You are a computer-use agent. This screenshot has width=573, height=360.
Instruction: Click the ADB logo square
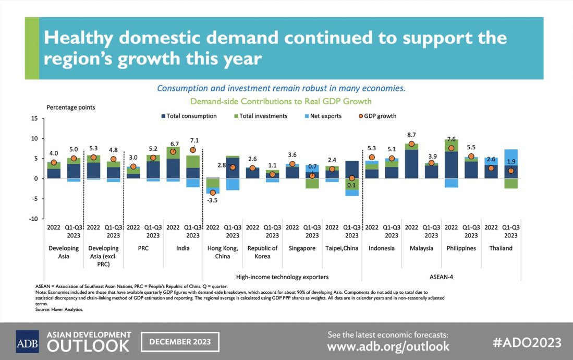pos(27,341)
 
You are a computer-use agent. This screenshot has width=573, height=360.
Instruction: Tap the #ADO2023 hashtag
pos(527,342)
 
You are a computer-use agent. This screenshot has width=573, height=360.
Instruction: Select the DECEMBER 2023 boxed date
pos(180,342)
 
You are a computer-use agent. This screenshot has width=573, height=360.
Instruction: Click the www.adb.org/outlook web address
pos(388,346)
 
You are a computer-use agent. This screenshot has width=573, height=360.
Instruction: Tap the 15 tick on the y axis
pos(34,118)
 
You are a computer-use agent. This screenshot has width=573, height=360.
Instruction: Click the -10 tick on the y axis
pos(33,219)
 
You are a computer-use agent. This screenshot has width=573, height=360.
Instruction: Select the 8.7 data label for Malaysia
pos(411,135)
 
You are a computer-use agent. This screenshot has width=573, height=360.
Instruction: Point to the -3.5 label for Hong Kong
pos(212,200)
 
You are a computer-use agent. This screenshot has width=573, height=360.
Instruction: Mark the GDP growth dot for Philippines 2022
pos(451,148)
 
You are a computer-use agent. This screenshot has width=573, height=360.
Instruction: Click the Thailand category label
pos(501,248)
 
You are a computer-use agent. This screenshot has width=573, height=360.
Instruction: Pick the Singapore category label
pos(302,248)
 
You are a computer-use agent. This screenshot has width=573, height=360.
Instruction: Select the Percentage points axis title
pos(71,107)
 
